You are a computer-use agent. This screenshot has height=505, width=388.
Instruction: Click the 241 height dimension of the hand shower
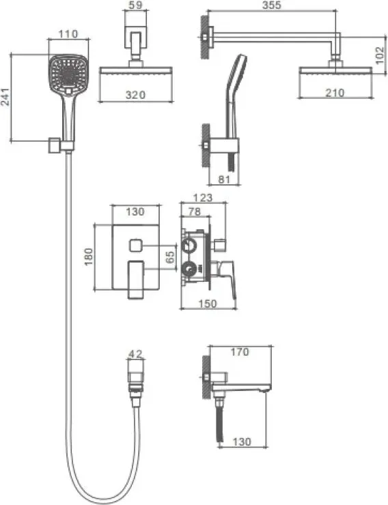pyautogui.click(x=5, y=97)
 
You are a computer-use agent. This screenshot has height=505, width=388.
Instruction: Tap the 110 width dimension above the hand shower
pyautogui.click(x=68, y=34)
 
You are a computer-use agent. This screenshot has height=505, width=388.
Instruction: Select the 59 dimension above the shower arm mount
pyautogui.click(x=136, y=5)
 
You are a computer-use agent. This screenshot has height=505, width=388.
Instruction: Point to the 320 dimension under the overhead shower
pyautogui.click(x=135, y=95)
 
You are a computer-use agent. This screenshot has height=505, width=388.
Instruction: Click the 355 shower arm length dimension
pyautogui.click(x=272, y=5)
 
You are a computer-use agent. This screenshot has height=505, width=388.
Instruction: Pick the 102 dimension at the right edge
pyautogui.click(x=380, y=55)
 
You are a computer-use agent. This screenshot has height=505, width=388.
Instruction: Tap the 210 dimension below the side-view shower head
pyautogui.click(x=335, y=93)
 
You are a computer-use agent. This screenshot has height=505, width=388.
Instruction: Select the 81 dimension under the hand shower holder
pyautogui.click(x=224, y=179)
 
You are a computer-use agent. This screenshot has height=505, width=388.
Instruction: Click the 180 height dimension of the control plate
pyautogui.click(x=89, y=257)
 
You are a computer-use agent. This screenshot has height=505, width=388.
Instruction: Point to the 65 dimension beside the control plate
pyautogui.click(x=170, y=257)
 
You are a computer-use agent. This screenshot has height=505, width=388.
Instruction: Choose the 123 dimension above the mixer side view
pyautogui.click(x=203, y=197)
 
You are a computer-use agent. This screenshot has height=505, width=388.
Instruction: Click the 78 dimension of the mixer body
pyautogui.click(x=194, y=212)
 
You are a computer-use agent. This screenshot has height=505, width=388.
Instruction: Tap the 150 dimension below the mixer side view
pyautogui.click(x=208, y=304)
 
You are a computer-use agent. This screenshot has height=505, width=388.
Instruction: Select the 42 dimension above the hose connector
pyautogui.click(x=135, y=354)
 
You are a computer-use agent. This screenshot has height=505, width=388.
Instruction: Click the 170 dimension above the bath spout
pyautogui.click(x=240, y=351)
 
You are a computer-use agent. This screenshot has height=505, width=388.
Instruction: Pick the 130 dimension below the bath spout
pyautogui.click(x=241, y=442)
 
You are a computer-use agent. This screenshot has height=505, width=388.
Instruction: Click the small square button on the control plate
pyautogui.click(x=136, y=246)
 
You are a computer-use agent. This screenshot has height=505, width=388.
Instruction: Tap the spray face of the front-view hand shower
pyautogui.click(x=68, y=73)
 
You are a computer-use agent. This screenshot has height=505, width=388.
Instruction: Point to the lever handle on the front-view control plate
pyautogui.click(x=136, y=280)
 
